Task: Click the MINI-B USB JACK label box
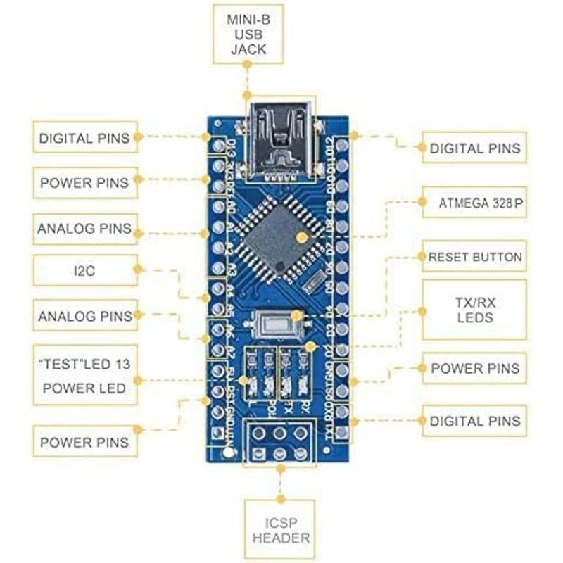click(x=246, y=33)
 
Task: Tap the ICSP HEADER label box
click(x=281, y=529)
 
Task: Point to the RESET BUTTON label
click(x=475, y=258)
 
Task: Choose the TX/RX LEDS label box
click(x=474, y=310)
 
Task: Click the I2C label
click(x=84, y=270)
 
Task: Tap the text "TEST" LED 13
click(x=84, y=365)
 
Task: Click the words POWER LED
click(x=84, y=388)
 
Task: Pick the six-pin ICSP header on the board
click(x=279, y=443)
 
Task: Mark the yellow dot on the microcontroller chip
click(x=302, y=238)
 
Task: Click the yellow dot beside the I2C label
click(x=139, y=269)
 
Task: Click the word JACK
click(x=246, y=50)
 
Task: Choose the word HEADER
click(x=281, y=538)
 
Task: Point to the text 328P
click(x=510, y=203)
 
